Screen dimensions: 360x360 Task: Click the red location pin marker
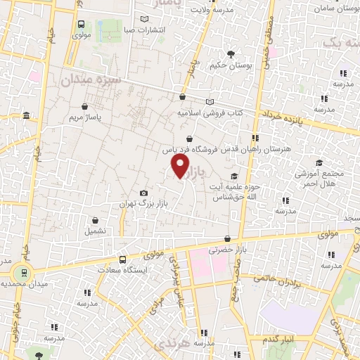[x=181, y=166]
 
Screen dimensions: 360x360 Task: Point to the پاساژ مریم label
[x=85, y=117]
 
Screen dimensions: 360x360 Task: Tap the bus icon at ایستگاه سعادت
[x=122, y=259]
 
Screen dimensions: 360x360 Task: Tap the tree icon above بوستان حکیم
[x=231, y=53]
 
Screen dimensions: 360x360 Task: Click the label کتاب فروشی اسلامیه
[x=210, y=112]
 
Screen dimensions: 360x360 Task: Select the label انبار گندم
[x=278, y=340]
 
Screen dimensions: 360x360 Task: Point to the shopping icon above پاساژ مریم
[x=85, y=106]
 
